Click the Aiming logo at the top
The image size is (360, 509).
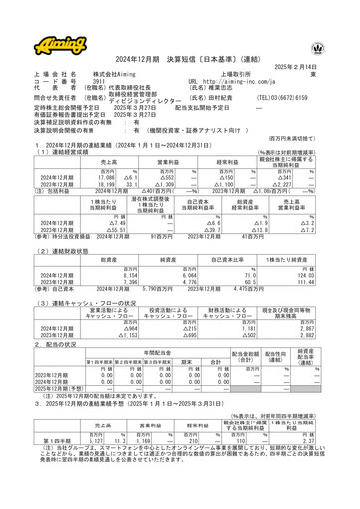tap(39, 20)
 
